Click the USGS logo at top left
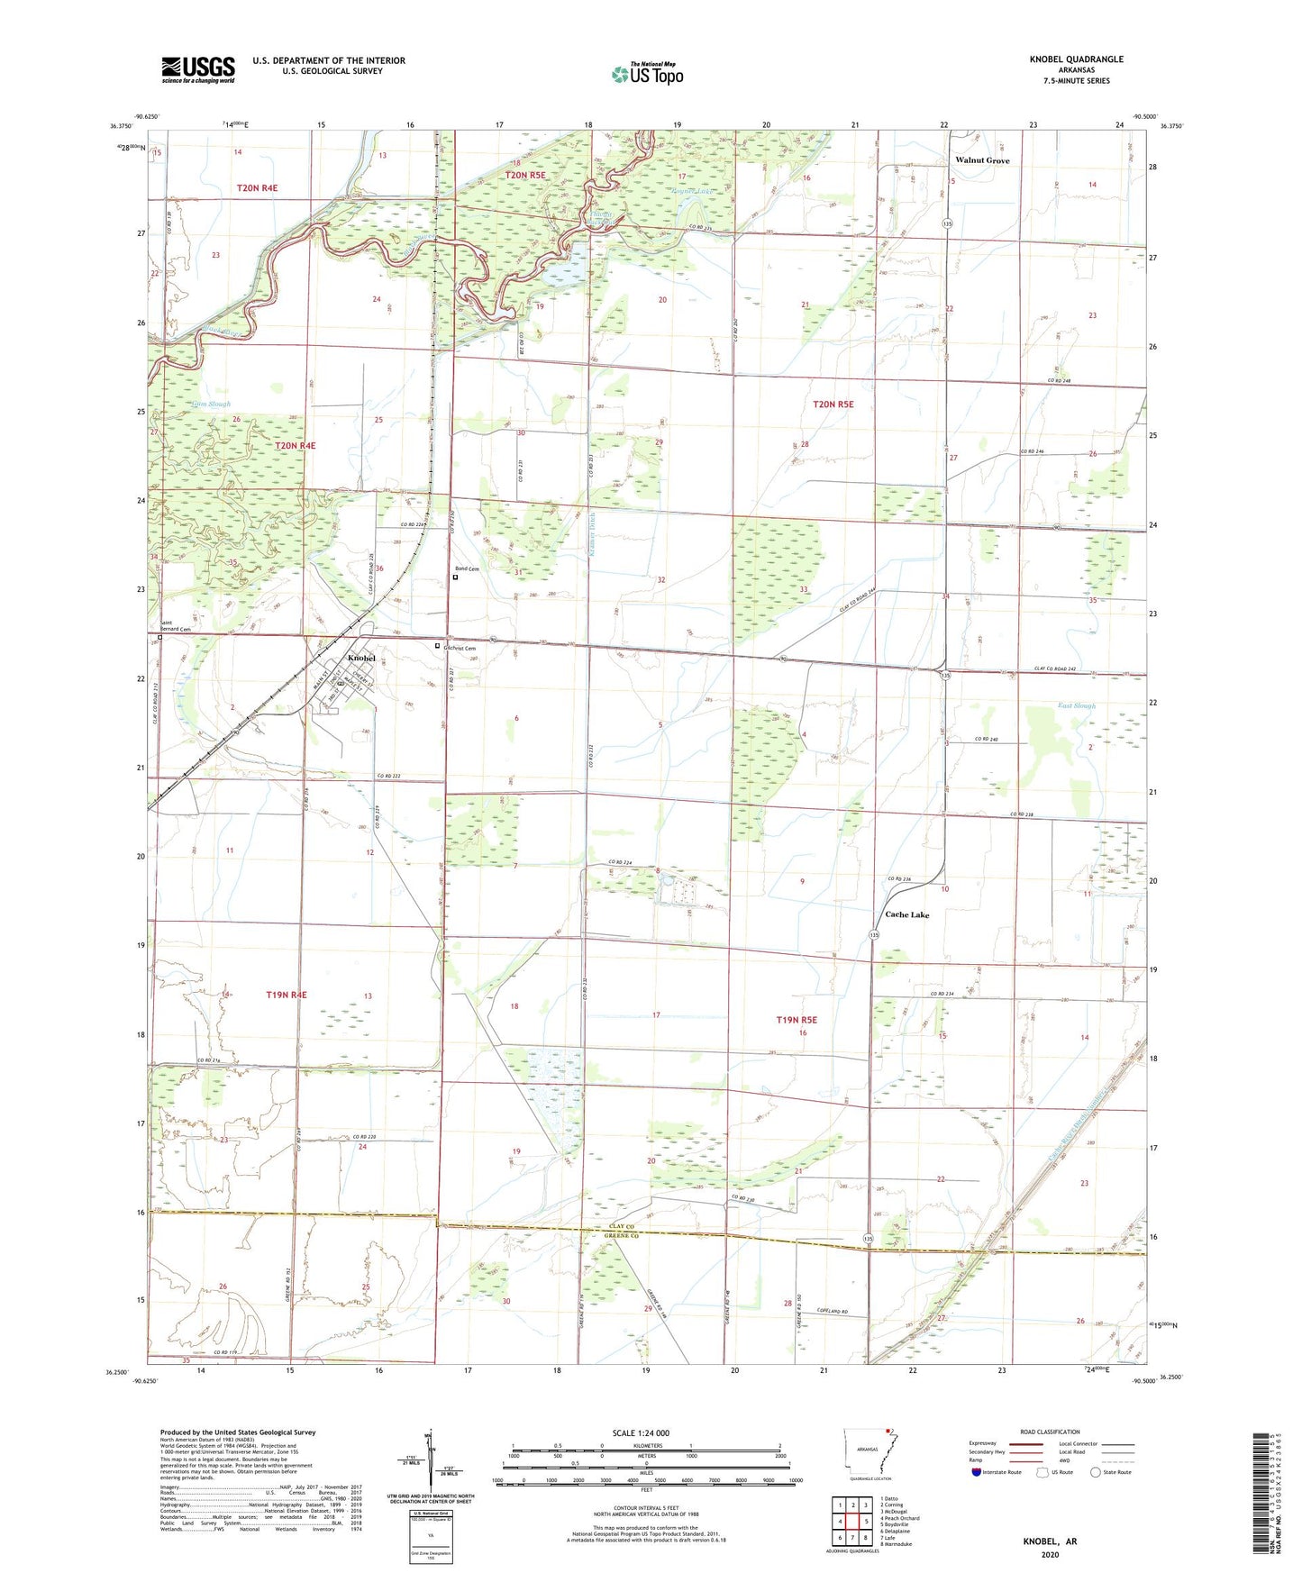198,69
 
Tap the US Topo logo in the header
647,74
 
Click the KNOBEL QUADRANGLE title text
1076,59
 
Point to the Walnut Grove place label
982,160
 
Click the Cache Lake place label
906,914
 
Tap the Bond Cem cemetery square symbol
455,577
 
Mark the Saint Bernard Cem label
175,626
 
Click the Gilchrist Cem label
460,648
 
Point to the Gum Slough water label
212,405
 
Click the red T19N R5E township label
797,1020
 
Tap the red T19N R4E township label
287,995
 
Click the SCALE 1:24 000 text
641,1432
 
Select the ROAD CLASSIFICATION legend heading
1050,1432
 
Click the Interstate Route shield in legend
977,1472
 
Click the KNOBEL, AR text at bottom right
1050,1541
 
